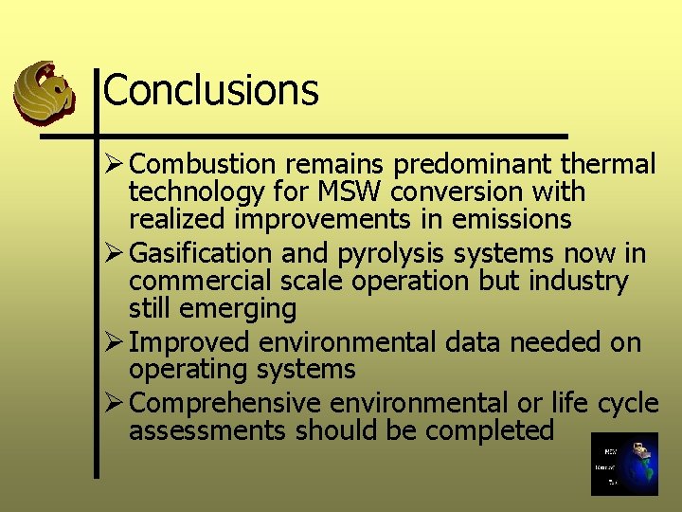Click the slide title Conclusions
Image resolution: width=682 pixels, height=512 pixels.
pyautogui.click(x=210, y=90)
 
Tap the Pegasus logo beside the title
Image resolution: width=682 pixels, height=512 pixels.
pyautogui.click(x=44, y=92)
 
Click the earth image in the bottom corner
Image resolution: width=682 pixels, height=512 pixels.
pyautogui.click(x=623, y=464)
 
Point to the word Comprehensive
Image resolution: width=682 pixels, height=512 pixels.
pyautogui.click(x=225, y=403)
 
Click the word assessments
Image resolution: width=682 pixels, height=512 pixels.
pyautogui.click(x=207, y=430)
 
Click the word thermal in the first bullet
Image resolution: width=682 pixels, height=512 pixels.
pyautogui.click(x=607, y=164)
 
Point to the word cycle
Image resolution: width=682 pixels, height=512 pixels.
pyautogui.click(x=628, y=404)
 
